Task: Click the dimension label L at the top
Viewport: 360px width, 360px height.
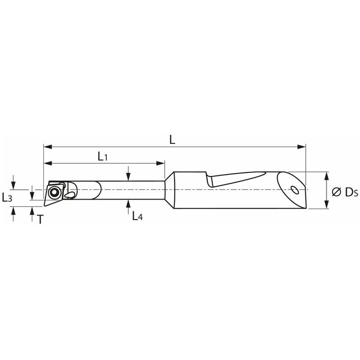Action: click(172, 139)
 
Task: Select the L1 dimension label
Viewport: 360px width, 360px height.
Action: click(103, 156)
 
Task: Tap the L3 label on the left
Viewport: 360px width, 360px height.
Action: click(7, 197)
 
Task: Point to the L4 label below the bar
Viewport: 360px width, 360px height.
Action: click(137, 216)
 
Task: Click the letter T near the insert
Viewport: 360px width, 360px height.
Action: click(40, 220)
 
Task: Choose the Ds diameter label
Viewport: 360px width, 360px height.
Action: click(351, 192)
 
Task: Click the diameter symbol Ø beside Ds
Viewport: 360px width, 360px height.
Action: click(336, 192)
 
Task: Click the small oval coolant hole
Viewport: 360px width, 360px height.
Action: click(294, 190)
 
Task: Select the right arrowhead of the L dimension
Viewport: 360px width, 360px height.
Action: click(301, 147)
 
